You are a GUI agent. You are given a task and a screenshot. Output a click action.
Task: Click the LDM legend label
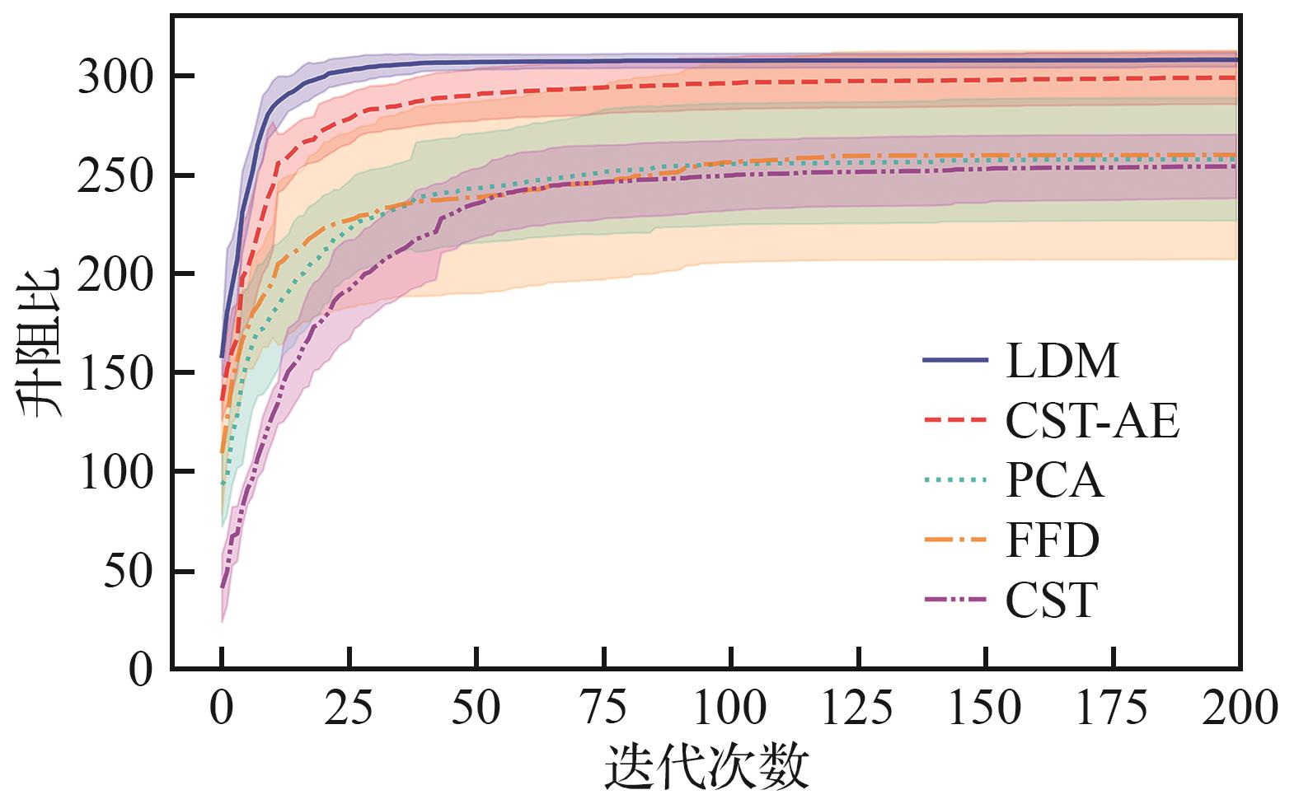1062,361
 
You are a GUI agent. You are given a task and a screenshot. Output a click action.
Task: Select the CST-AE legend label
1092,421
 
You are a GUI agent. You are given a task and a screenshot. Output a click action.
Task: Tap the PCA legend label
1054,481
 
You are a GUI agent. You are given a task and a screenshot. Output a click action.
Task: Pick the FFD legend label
1053,541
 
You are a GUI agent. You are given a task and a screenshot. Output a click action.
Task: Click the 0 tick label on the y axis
142,670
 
